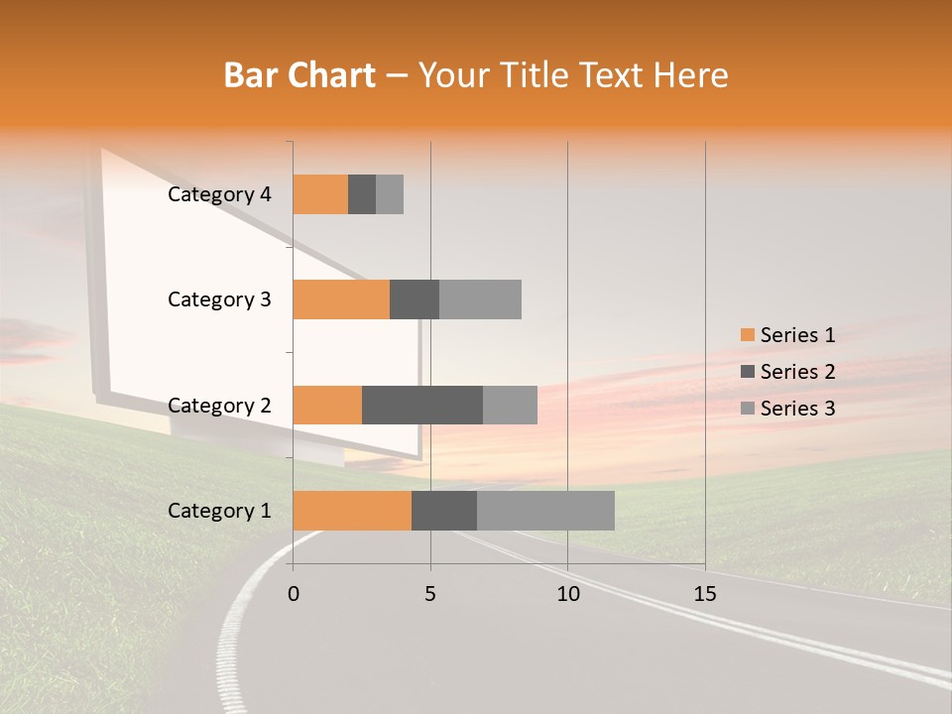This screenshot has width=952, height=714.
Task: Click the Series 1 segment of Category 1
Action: [x=352, y=511]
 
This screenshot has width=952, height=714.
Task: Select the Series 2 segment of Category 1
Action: [x=444, y=511]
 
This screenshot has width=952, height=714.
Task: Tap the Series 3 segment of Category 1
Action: [x=545, y=511]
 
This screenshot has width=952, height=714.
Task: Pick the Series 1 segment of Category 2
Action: [x=327, y=405]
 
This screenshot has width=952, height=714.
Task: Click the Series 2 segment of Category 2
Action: [x=422, y=405]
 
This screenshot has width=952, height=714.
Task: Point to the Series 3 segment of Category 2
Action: [x=510, y=405]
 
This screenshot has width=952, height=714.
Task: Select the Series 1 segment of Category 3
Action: [x=341, y=299]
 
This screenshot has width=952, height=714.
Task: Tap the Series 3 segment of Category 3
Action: [x=480, y=299]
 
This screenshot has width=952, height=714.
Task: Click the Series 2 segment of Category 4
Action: [x=362, y=194]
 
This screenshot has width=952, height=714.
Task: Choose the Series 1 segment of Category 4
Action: [x=320, y=194]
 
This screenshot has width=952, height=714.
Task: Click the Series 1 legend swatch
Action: [x=747, y=335]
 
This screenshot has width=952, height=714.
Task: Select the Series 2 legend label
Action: [x=797, y=372]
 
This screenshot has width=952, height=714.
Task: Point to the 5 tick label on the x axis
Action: [x=430, y=594]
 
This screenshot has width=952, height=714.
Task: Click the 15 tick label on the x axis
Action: [x=704, y=594]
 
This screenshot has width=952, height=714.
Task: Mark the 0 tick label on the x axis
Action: [x=294, y=594]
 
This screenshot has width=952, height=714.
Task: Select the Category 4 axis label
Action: [x=219, y=194]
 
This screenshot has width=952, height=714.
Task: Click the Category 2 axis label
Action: [x=219, y=406]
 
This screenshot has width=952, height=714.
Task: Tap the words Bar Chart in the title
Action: [x=299, y=75]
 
